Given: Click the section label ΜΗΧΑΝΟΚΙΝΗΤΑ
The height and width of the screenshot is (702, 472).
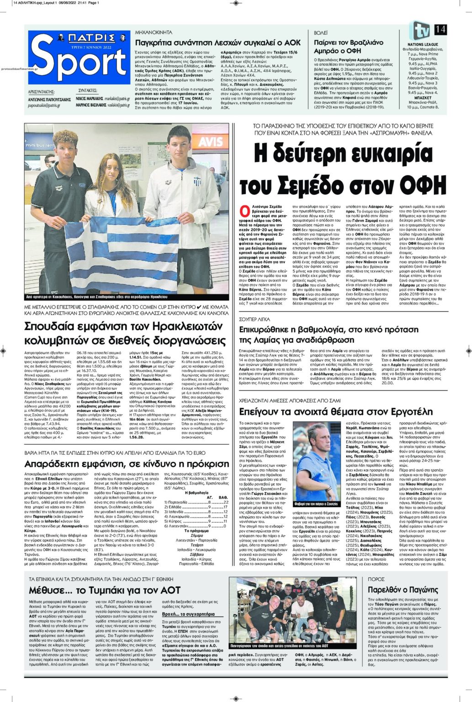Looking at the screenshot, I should click(154, 33).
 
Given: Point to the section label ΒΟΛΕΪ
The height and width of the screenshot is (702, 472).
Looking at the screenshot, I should click(321, 33).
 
